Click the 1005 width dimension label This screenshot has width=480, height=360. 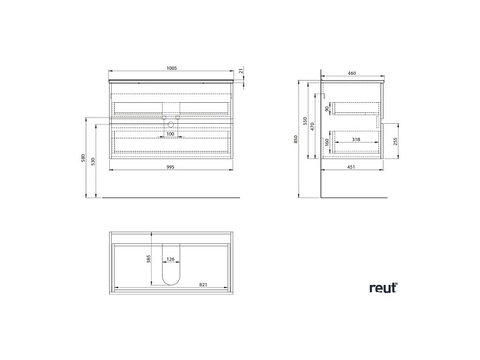tap(171, 69)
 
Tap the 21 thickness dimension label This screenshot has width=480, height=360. tap(241, 71)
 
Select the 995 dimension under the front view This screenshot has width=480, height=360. tap(170, 167)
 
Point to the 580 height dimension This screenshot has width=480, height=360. tap(83, 158)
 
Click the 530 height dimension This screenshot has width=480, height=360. tap(93, 161)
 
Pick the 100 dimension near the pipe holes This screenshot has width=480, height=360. tap(170, 134)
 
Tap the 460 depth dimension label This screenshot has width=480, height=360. tap(352, 73)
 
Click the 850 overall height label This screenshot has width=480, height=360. tap(296, 139)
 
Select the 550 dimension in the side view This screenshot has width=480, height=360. tap(305, 121)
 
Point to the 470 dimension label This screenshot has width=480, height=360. tap(312, 126)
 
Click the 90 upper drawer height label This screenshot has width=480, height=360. tap(327, 109)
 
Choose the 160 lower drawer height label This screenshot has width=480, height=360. tap(327, 142)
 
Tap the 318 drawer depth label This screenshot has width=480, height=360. tap(356, 139)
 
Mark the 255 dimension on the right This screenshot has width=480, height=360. tap(395, 142)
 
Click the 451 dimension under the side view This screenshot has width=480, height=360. tap(351, 167)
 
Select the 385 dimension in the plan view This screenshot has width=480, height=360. tap(149, 259)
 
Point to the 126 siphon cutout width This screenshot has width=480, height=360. tap(171, 259)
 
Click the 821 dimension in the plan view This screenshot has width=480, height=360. tap(203, 284)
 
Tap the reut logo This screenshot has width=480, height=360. tap(383, 288)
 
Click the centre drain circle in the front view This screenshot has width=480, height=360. tap(171, 124)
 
